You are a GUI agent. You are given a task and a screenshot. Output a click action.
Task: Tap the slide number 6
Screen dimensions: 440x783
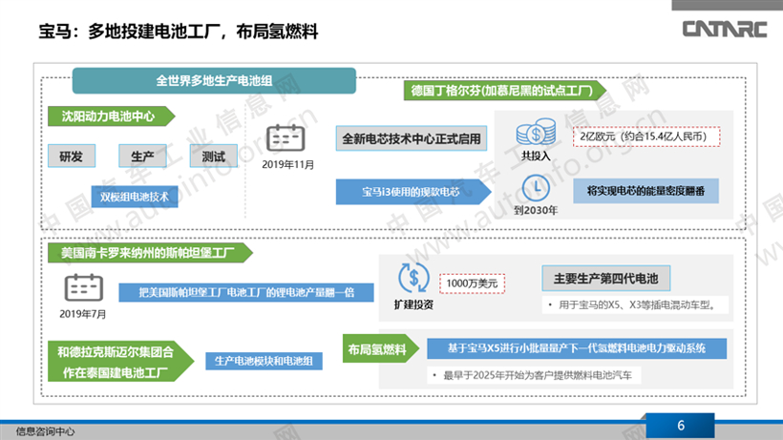point(680,425)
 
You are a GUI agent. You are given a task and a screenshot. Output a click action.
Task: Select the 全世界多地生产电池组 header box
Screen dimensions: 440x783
point(214,79)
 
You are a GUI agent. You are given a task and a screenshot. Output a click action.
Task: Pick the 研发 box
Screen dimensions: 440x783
point(72,157)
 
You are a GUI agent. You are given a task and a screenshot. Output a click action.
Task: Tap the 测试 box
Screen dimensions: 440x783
point(213,157)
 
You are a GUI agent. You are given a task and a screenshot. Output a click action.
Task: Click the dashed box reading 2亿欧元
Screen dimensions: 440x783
point(645,136)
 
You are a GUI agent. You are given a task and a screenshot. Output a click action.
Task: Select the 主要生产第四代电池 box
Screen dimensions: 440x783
point(605,279)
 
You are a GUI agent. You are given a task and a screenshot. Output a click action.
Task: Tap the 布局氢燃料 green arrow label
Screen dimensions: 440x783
point(378,347)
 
